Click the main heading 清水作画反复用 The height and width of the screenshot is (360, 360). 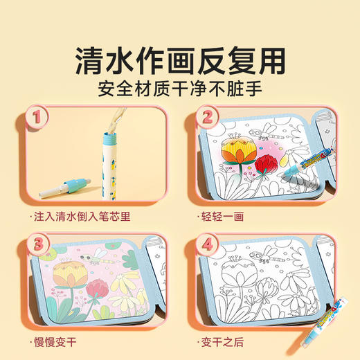click(180, 60)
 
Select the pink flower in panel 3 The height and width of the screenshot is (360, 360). click(98, 284)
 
